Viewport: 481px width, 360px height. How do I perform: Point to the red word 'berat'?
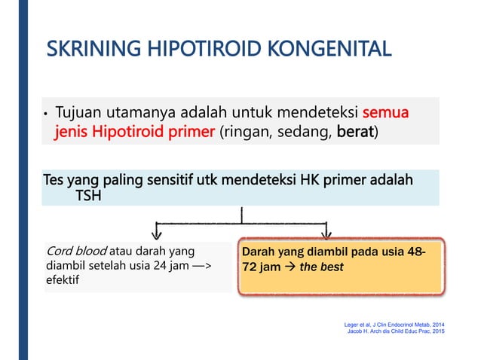pyautogui.click(x=355, y=133)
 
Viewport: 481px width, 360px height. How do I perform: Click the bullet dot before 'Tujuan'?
pyautogui.click(x=46, y=116)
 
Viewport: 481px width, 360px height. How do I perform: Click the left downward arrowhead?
pyautogui.click(x=158, y=230)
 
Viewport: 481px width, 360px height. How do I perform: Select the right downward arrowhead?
pyautogui.click(x=327, y=230)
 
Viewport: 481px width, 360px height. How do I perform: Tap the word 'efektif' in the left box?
pyautogui.click(x=65, y=279)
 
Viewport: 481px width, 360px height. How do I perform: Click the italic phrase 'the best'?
pyautogui.click(x=320, y=267)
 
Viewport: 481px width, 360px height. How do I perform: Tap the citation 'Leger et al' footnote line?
pyautogui.click(x=394, y=324)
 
